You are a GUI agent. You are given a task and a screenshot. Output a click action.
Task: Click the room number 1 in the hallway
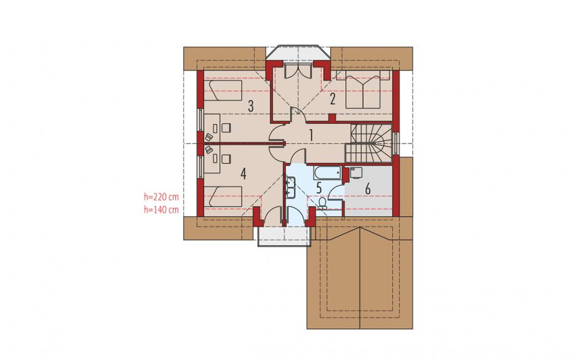click(x=311, y=136)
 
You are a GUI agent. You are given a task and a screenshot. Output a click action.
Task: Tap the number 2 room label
click(x=333, y=99)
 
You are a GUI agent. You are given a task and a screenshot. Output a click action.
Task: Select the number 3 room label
click(x=251, y=106)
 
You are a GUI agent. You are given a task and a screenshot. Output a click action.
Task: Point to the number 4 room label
click(x=243, y=174)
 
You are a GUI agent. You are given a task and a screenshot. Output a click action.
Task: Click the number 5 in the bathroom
click(x=319, y=188)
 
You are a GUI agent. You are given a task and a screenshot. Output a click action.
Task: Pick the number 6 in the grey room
click(x=367, y=189)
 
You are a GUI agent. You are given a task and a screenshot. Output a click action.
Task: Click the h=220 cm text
click(x=161, y=197)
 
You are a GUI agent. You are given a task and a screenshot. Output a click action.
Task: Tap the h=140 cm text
click(x=161, y=210)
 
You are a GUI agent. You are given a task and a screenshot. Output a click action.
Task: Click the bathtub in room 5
click(x=328, y=173)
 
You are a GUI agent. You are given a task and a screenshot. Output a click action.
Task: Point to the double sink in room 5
click(x=291, y=188)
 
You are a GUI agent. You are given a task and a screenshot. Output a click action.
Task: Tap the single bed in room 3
click(x=222, y=90)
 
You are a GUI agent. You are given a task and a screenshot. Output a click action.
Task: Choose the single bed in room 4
click(x=222, y=197)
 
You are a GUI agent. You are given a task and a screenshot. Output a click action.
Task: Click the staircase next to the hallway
click(x=368, y=143)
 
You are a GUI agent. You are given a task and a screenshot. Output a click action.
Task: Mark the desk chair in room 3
click(x=226, y=128)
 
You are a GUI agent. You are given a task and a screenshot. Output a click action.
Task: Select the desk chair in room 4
click(x=226, y=159)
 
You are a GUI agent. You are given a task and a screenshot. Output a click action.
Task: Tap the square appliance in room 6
click(x=355, y=173)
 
